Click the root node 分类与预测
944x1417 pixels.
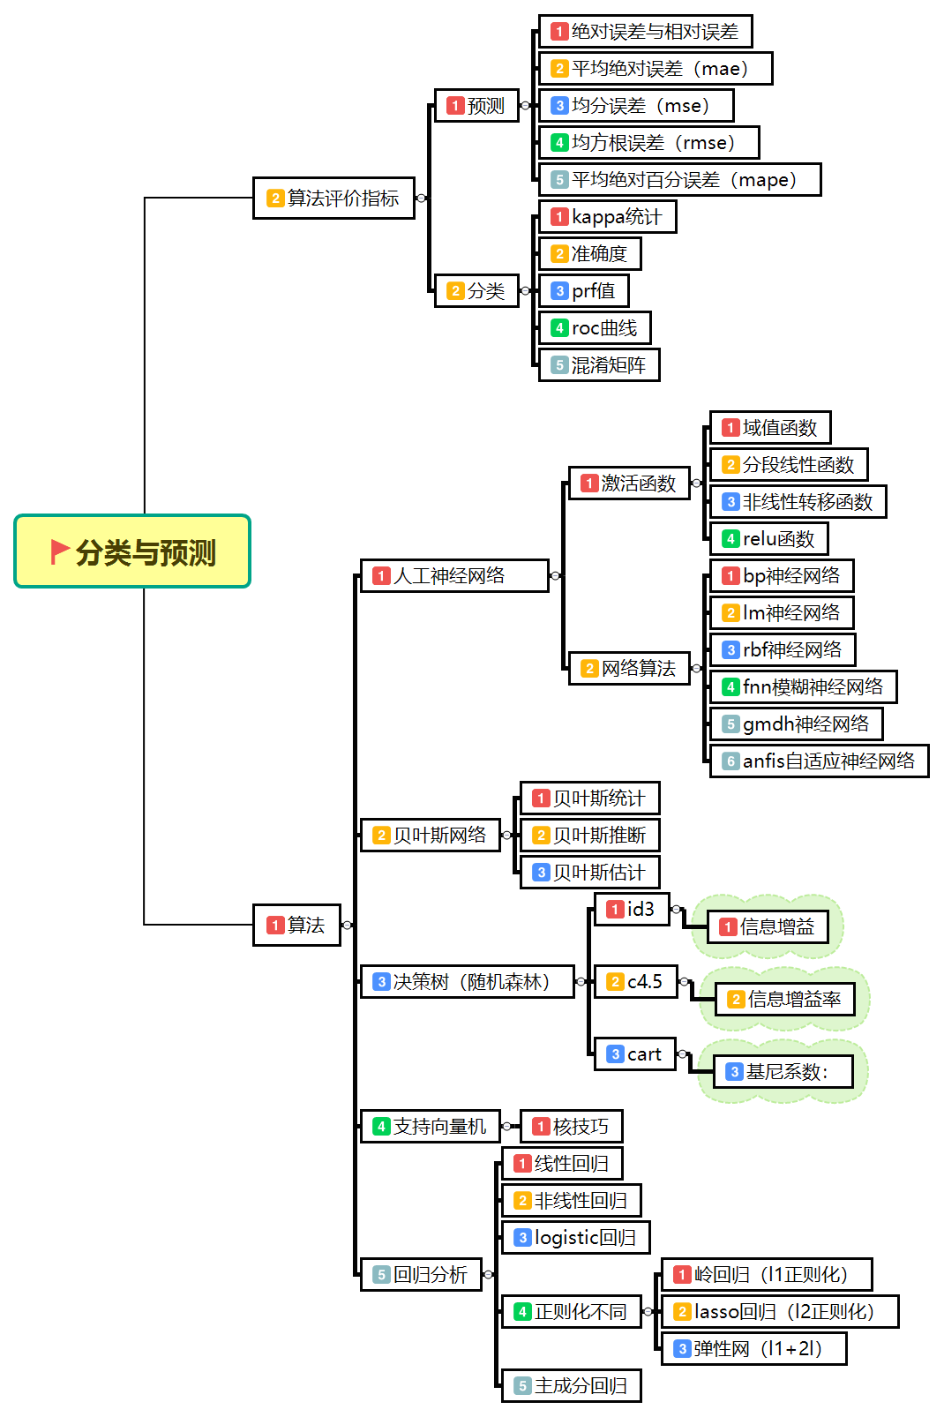pyautogui.click(x=133, y=551)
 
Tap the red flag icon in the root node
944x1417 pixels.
pyautogui.click(x=60, y=551)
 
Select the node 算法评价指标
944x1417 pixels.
pyautogui.click(x=333, y=198)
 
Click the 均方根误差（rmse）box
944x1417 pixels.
pyautogui.click(x=648, y=142)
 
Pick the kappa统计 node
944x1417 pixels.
pyautogui.click(x=607, y=216)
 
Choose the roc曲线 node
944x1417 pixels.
pyautogui.click(x=595, y=327)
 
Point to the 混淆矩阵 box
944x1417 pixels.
pyautogui.click(x=599, y=364)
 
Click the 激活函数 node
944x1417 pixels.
pyautogui.click(x=629, y=483)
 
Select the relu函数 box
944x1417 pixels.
pyautogui.click(x=768, y=538)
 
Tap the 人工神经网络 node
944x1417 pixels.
pyautogui.click(x=454, y=575)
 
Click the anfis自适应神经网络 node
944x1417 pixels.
pyautogui.click(x=819, y=761)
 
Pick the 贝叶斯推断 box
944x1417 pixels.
pyautogui.click(x=589, y=835)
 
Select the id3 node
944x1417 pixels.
pyautogui.click(x=632, y=909)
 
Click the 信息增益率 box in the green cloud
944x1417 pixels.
pyautogui.click(x=784, y=999)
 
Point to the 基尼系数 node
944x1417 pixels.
pyautogui.click(x=783, y=1071)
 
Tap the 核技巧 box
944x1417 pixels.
pyautogui.click(x=571, y=1126)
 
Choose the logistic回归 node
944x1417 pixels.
pyautogui.click(x=575, y=1237)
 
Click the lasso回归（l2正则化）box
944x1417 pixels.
pyautogui.click(x=780, y=1311)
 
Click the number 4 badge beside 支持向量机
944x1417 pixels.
pyautogui.click(x=381, y=1126)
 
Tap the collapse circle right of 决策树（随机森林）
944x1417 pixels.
pyautogui.click(x=581, y=981)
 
